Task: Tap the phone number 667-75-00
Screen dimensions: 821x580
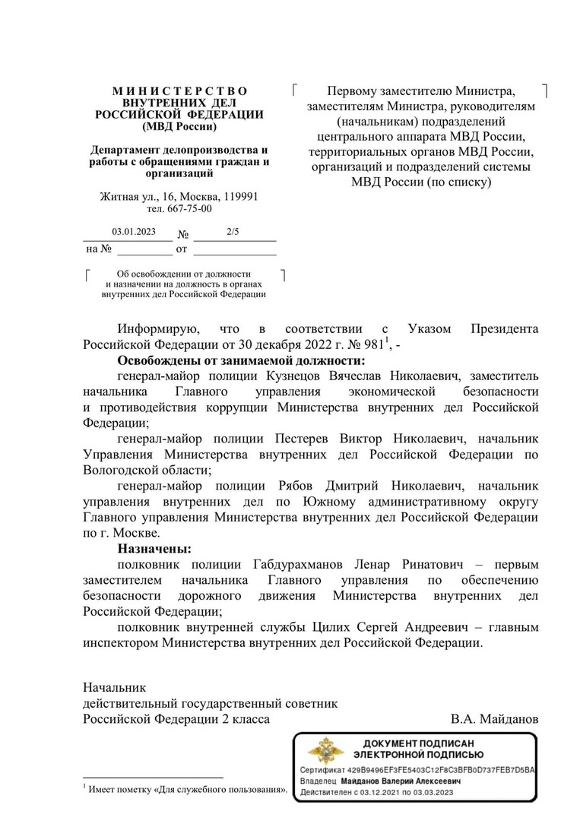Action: (x=191, y=208)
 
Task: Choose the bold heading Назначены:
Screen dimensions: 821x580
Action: (x=154, y=548)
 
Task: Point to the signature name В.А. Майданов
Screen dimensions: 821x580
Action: (x=494, y=718)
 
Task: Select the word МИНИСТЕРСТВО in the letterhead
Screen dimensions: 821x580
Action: (x=179, y=91)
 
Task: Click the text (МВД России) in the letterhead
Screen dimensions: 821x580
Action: (x=179, y=126)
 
